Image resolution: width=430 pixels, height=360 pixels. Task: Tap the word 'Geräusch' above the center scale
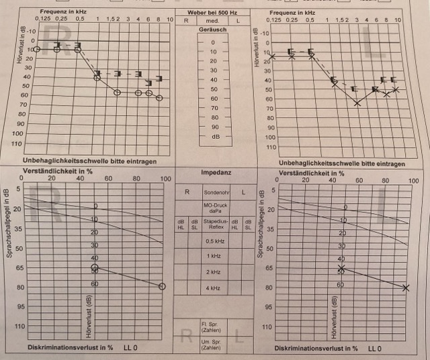point(214,30)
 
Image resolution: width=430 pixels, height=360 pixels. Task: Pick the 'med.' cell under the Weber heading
point(213,21)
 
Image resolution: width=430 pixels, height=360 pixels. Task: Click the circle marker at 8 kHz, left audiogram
point(159,98)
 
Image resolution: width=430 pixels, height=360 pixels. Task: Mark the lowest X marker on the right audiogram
point(357,103)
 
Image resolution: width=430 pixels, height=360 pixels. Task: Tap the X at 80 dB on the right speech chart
point(406,287)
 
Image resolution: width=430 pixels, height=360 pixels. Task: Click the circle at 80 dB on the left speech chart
point(162,286)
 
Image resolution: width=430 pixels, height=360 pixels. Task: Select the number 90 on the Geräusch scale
point(214,126)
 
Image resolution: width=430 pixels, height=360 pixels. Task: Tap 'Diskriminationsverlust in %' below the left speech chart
point(69,348)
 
